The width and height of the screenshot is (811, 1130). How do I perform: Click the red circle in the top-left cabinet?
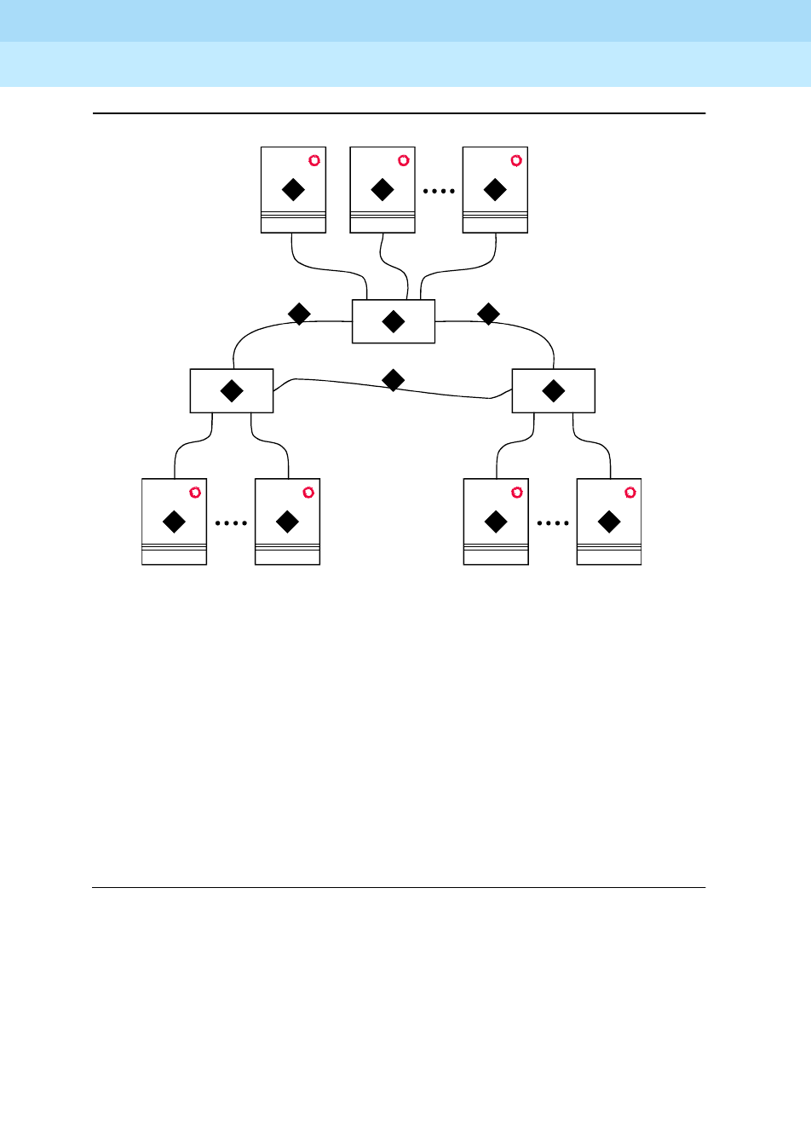(314, 160)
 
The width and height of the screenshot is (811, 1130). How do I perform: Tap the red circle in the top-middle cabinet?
(404, 160)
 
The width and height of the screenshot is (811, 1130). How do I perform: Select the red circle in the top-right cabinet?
(516, 160)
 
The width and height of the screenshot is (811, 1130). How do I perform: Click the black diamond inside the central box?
(394, 321)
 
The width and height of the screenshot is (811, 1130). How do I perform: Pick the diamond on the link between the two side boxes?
(393, 380)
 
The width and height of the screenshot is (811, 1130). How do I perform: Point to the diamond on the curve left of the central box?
(299, 314)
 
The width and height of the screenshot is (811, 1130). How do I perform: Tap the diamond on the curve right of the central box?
(488, 314)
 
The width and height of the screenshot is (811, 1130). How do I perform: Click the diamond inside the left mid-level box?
(232, 391)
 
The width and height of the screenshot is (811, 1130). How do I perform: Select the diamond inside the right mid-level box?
(554, 391)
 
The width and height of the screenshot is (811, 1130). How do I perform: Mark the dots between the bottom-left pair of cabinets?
(231, 523)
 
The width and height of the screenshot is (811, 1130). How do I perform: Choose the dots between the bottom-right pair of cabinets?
(553, 523)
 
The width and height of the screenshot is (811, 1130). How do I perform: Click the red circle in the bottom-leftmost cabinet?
(195, 492)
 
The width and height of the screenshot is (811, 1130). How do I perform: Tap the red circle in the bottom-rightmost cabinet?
(630, 492)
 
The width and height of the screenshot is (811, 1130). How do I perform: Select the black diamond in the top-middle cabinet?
(382, 189)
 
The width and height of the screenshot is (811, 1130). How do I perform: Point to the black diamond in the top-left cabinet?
(293, 189)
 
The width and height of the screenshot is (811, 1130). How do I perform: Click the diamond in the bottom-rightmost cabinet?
(609, 522)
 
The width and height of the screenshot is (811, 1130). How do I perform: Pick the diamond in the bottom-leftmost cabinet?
(174, 522)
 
